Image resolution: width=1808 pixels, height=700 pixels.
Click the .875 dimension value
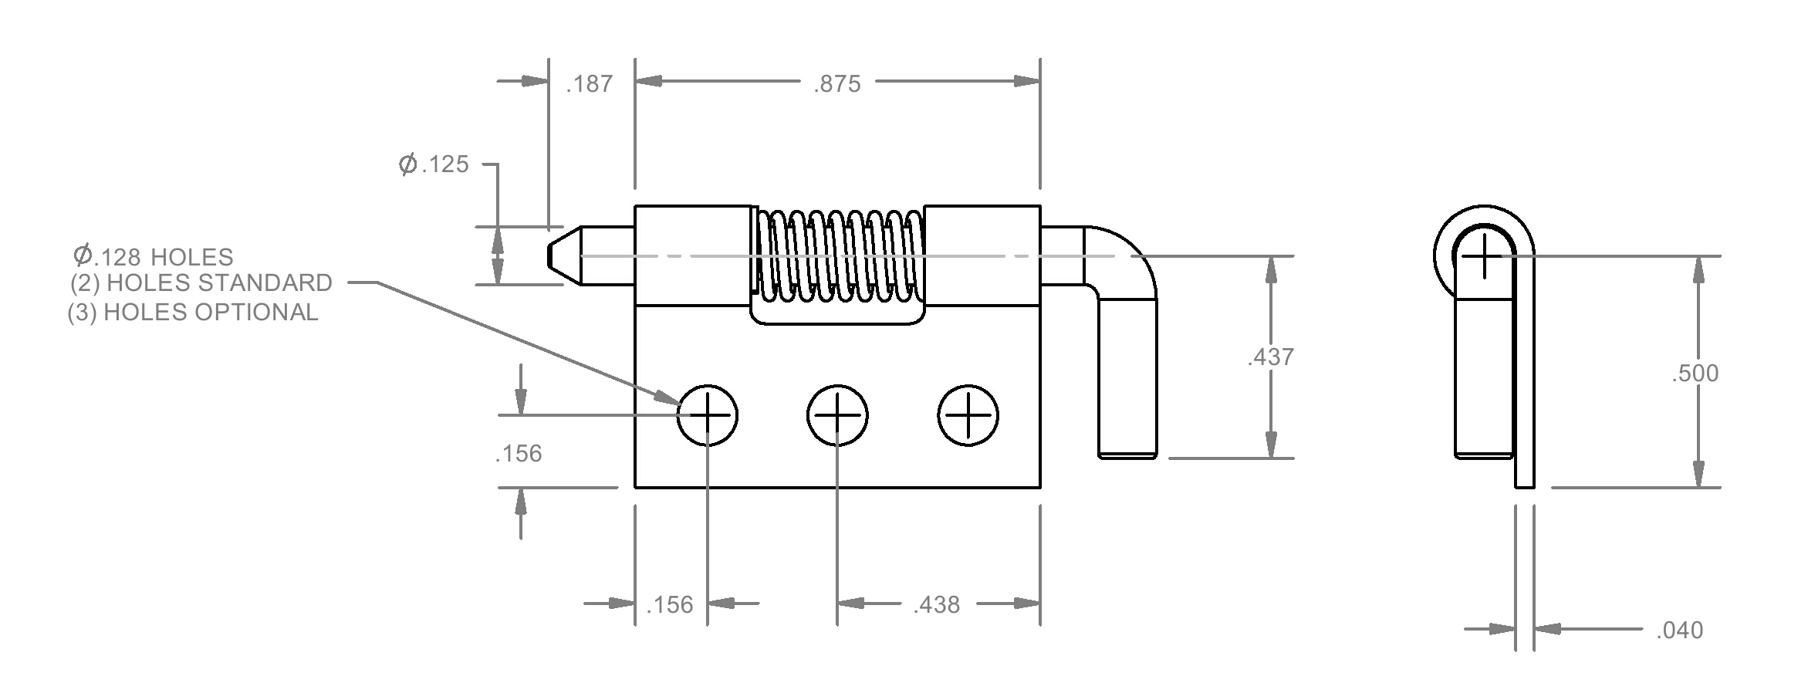pos(836,83)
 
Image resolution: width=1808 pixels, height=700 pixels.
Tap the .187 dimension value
pos(590,83)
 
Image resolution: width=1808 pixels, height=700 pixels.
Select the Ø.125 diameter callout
pos(434,164)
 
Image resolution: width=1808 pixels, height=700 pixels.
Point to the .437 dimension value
pos(1270,357)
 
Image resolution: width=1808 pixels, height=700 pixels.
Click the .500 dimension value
pos(1695,374)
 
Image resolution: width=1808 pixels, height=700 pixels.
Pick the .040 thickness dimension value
pos(1679,631)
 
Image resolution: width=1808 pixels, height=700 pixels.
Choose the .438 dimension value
pos(936,605)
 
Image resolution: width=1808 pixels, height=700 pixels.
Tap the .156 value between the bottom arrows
pos(669,605)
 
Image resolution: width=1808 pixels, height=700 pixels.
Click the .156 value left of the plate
pos(519,454)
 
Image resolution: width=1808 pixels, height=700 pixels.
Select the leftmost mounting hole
pos(708,415)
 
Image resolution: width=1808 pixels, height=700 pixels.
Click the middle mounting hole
pos(837,415)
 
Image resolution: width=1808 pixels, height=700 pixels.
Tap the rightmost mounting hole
pos(968,415)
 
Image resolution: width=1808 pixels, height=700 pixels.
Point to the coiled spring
pos(838,255)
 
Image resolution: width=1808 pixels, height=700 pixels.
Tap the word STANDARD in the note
pos(265,283)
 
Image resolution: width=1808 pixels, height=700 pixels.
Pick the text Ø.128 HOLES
pos(153,255)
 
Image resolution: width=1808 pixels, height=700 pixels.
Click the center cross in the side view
pos(1483,255)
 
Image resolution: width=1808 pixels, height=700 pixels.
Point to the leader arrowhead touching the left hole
pos(666,397)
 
